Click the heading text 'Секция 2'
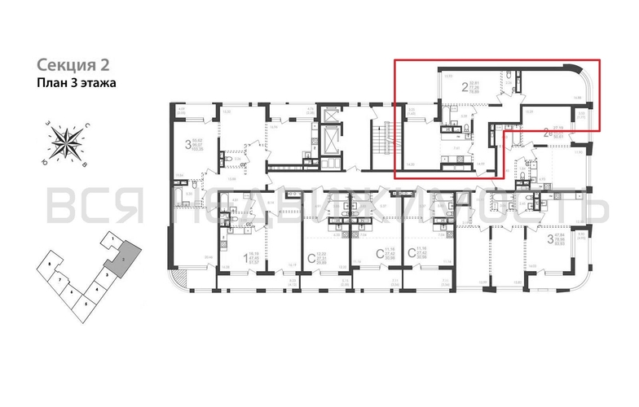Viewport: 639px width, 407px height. pyautogui.click(x=73, y=65)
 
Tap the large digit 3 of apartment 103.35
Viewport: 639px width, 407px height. pyautogui.click(x=188, y=147)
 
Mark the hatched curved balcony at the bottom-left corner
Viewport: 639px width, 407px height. pyautogui.click(x=180, y=278)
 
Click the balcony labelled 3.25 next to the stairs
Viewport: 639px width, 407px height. pyautogui.click(x=412, y=111)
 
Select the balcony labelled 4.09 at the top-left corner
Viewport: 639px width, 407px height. pyautogui.click(x=182, y=111)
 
